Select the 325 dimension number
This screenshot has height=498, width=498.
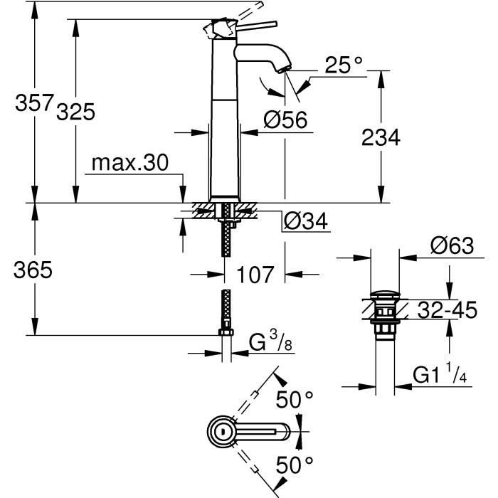75,112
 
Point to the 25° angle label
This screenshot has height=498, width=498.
344,66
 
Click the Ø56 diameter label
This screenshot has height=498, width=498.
285,120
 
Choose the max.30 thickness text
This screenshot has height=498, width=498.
129,164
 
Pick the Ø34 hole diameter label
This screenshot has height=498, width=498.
304,222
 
